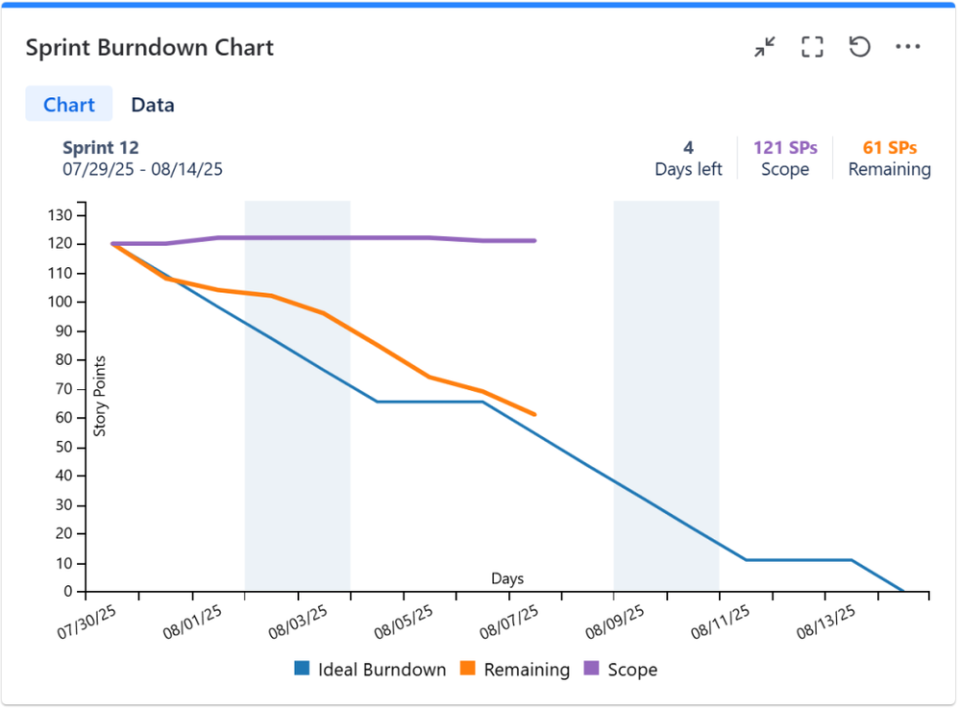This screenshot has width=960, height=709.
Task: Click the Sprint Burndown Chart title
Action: click(150, 48)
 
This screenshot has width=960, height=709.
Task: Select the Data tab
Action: click(153, 105)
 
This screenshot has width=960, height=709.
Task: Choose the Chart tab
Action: click(69, 105)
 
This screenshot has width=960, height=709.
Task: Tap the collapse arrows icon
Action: click(765, 47)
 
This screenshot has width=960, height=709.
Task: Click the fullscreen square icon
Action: click(812, 47)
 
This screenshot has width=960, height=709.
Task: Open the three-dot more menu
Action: click(907, 47)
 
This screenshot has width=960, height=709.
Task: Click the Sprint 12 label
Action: click(101, 148)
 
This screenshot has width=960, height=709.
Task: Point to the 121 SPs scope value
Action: click(785, 148)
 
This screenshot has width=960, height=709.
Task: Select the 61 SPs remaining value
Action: click(889, 148)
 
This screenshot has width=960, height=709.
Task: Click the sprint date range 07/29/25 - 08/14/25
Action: click(142, 169)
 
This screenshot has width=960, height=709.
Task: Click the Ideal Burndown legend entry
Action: click(371, 670)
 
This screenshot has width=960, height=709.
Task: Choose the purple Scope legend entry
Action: click(621, 670)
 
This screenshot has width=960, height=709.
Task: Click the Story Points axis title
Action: click(100, 396)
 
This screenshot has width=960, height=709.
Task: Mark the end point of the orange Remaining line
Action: click(534, 414)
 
